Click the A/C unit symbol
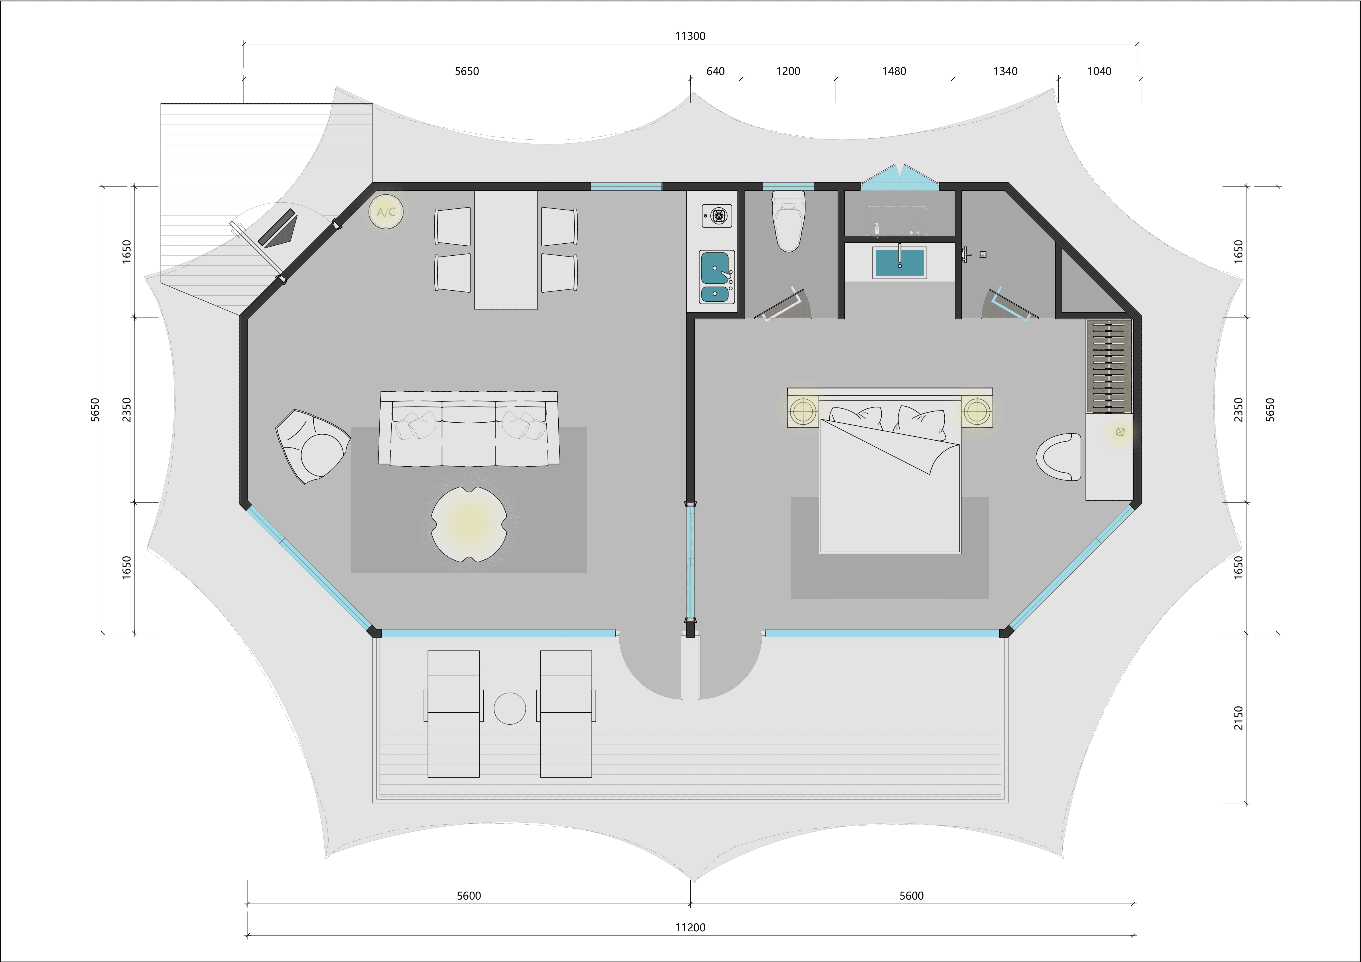click(387, 212)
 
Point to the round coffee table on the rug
click(469, 524)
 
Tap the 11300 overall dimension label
click(690, 36)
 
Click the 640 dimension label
click(716, 72)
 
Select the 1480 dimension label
click(894, 72)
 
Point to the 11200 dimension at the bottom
click(690, 928)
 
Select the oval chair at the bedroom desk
click(1059, 456)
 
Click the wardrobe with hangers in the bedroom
click(1108, 366)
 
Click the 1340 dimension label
click(1005, 72)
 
